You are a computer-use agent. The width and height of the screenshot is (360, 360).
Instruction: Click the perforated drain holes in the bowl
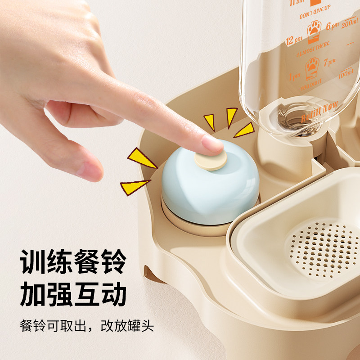324,249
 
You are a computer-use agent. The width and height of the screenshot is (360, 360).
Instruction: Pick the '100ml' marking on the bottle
346,72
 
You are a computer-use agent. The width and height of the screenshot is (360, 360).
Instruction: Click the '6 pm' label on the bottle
332,26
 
